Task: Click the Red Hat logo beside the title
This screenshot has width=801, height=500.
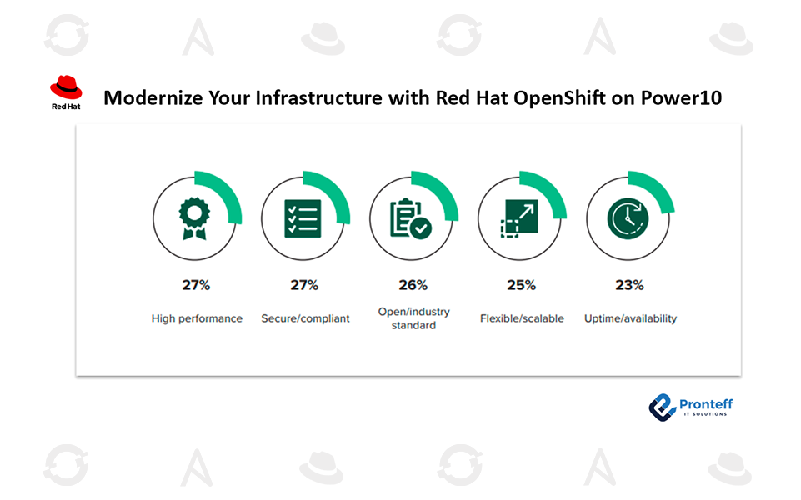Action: [66, 92]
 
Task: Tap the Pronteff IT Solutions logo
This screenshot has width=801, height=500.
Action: [691, 407]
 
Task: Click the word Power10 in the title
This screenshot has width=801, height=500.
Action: [681, 97]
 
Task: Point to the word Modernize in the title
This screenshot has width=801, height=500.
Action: [153, 97]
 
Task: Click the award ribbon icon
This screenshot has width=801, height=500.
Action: [194, 218]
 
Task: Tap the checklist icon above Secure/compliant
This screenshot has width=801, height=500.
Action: [303, 218]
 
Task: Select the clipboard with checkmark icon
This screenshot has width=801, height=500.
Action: [411, 218]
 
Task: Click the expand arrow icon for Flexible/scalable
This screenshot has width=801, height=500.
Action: [519, 218]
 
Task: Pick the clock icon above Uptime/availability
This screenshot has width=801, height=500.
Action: [628, 218]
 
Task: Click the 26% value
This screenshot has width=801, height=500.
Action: [413, 285]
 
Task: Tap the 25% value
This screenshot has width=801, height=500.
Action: [521, 285]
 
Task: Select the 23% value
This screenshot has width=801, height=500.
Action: [629, 285]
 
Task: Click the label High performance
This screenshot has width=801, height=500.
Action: [197, 318]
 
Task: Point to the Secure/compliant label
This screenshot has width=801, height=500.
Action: [306, 318]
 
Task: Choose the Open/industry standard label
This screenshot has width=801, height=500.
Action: [413, 318]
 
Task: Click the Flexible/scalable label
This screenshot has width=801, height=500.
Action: [522, 318]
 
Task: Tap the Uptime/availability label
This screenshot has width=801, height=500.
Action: [630, 318]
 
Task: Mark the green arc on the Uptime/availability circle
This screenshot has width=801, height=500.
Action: [658, 187]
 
